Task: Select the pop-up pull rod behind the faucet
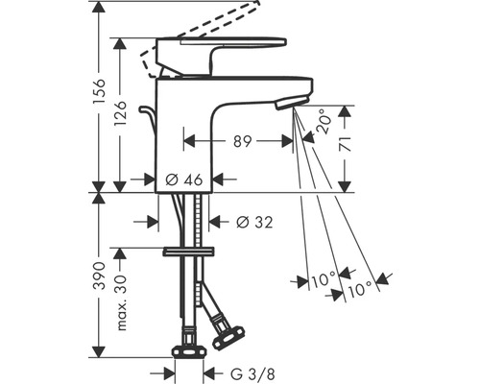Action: tap(148, 120)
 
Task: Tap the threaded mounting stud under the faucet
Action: tap(200, 221)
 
